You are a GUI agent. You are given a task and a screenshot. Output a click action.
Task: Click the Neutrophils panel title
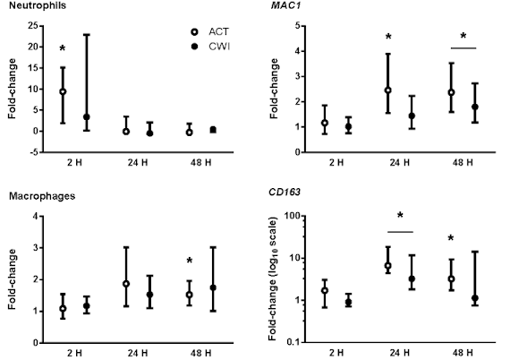coord(38,5)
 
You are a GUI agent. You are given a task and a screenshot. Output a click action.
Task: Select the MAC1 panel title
coord(282,5)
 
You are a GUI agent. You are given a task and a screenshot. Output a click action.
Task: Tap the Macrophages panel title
coord(42,196)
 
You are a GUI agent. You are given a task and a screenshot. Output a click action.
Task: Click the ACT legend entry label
coord(219,32)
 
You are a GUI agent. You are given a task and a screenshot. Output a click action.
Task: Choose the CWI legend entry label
coord(219,47)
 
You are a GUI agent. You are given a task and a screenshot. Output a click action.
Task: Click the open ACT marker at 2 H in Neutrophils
coord(63,91)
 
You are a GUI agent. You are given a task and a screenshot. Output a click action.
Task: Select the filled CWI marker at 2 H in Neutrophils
coord(87,116)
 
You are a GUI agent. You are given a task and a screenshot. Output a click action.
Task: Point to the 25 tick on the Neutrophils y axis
coord(33,25)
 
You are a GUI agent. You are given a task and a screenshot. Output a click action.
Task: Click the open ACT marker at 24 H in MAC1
coord(388,90)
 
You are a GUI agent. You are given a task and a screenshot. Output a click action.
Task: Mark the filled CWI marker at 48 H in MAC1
coord(475,107)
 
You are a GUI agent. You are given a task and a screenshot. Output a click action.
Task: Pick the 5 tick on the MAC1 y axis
coord(298,25)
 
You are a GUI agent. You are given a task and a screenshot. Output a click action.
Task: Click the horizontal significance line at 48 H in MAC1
coord(463,48)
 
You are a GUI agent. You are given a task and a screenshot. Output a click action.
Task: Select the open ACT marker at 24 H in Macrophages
coord(126,284)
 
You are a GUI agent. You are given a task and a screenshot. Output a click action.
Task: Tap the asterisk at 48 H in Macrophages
coord(190,261)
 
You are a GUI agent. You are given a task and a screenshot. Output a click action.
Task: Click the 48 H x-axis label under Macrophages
coord(200,353)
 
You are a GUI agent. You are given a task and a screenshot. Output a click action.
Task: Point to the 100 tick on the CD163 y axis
coord(293,216)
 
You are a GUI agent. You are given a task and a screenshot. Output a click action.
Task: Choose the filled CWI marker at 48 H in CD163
coord(475,298)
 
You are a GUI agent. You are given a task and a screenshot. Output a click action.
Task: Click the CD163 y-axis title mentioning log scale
coord(273,279)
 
